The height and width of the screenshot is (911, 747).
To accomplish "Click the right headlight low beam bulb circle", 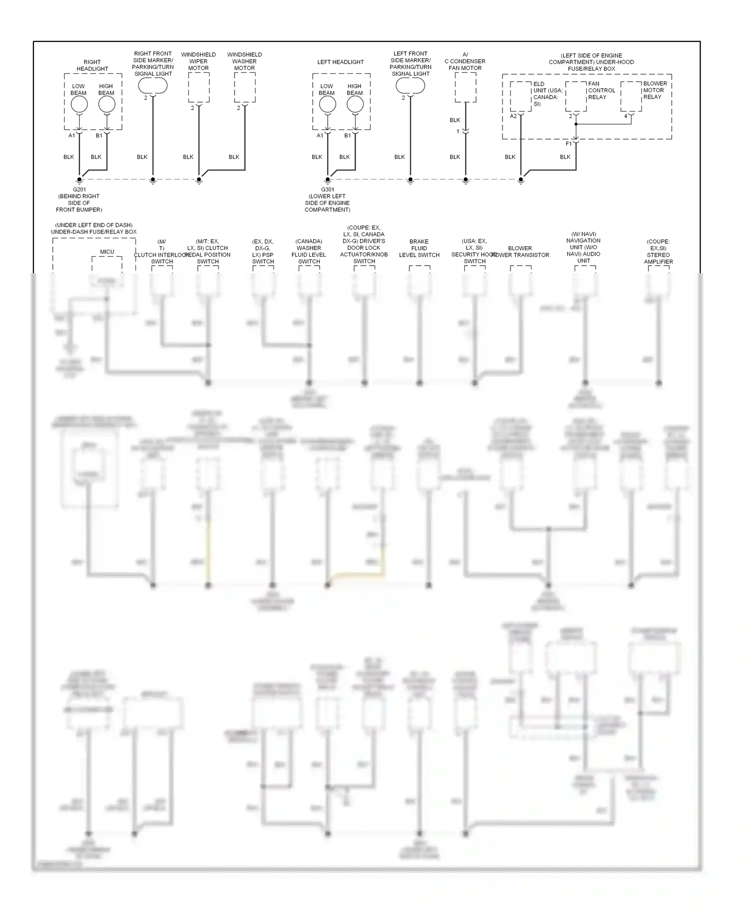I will (79, 105).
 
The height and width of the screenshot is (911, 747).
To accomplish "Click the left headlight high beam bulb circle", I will (355, 104).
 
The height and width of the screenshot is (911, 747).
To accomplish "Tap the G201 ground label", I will (79, 190).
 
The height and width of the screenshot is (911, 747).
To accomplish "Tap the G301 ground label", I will (327, 190).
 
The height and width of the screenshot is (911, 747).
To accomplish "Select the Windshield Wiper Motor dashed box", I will (199, 88).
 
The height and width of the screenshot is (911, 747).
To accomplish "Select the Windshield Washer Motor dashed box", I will (245, 88).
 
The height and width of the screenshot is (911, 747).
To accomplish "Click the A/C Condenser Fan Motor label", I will (465, 61).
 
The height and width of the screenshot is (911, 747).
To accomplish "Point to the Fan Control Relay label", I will (601, 90).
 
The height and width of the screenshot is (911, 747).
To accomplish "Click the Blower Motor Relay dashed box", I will (630, 97).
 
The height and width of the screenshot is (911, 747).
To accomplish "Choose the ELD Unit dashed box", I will (520, 97).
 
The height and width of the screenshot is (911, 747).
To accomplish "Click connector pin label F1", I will (569, 144).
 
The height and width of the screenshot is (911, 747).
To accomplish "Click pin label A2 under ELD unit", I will (513, 117).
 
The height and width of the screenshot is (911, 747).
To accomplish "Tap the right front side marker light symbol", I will (152, 86).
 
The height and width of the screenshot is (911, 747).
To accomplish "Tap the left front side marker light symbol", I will (410, 86).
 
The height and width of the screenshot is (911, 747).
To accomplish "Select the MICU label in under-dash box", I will (107, 252).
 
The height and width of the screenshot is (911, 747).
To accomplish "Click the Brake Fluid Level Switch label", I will (419, 248).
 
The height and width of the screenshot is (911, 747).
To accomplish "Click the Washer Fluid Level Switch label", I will (309, 251).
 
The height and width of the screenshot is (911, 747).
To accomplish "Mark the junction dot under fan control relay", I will (576, 124).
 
